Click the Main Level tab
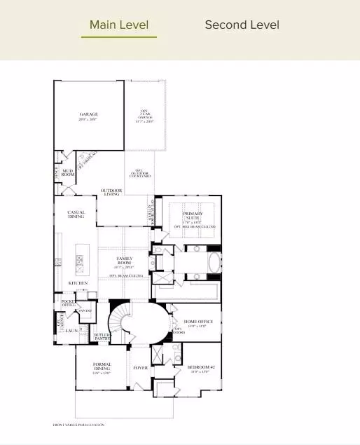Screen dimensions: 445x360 [x=119, y=25]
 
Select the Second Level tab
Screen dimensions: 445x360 [x=242, y=25]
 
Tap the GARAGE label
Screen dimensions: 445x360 [x=89, y=114]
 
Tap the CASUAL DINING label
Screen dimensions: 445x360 [x=76, y=214]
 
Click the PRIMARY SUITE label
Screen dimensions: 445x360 [x=193, y=216]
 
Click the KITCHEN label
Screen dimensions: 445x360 [x=77, y=282]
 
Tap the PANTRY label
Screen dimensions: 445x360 [x=85, y=310]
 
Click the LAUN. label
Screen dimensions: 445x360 [x=71, y=330]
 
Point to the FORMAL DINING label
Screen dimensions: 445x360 [x=102, y=367]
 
